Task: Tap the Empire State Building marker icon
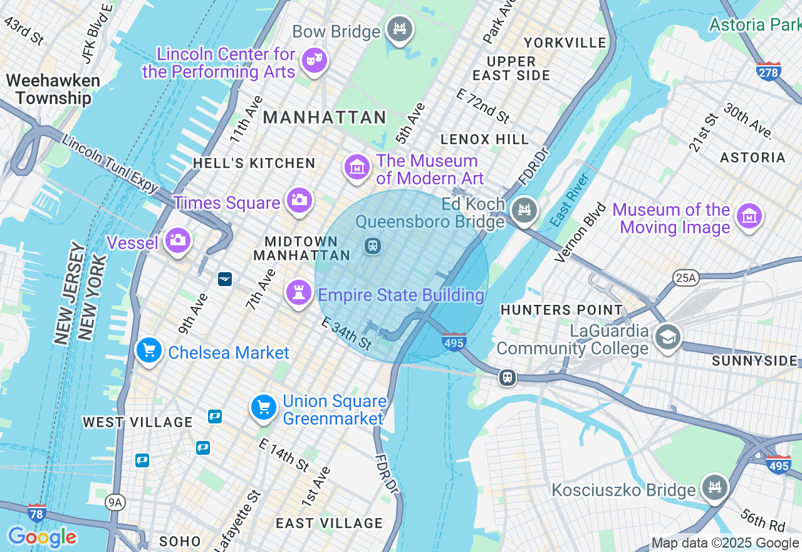[299, 292]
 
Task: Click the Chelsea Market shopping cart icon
[149, 351]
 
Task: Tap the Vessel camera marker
[177, 240]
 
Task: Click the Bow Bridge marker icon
[398, 29]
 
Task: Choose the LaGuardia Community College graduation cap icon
[668, 337]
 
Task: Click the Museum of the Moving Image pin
[749, 216]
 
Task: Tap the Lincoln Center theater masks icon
[313, 61]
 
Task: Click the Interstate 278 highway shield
[768, 72]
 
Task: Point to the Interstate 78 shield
[37, 512]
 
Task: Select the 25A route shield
[685, 278]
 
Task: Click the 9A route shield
[115, 502]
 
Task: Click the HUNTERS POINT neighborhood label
[561, 310]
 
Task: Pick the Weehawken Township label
[53, 89]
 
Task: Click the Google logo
[42, 537]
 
